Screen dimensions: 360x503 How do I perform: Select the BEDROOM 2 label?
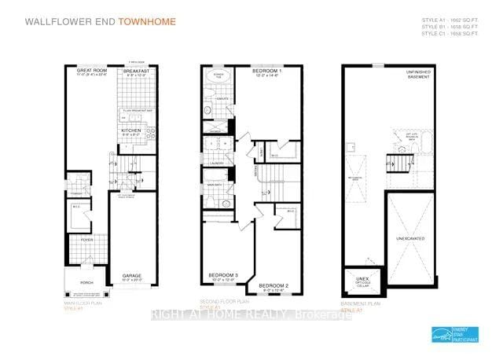tap(273, 285)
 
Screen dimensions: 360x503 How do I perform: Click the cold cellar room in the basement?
tap(362, 281)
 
